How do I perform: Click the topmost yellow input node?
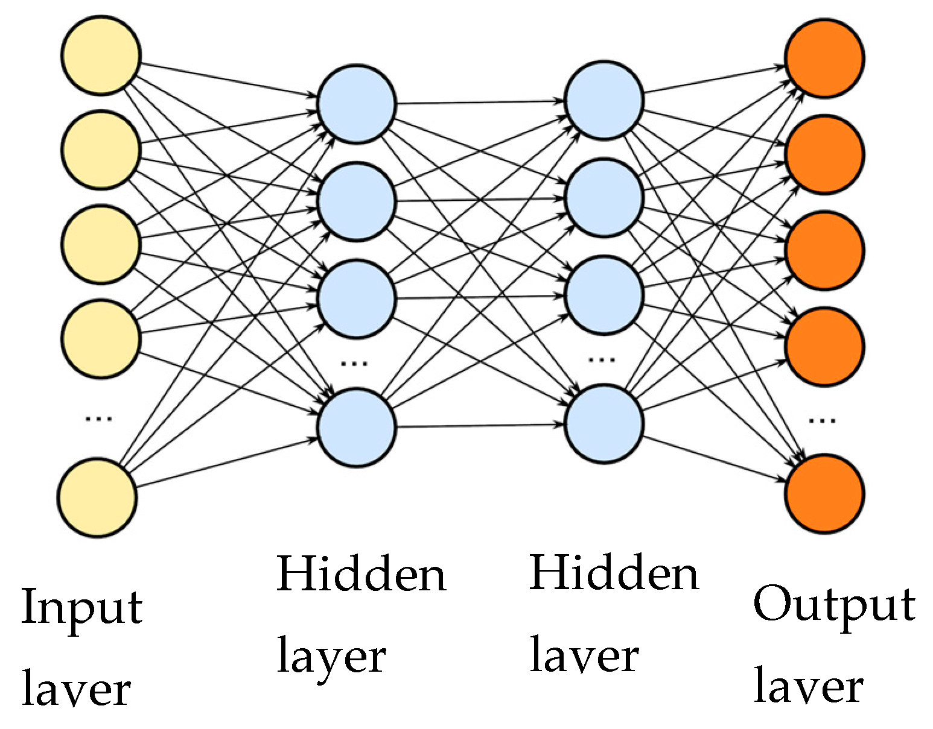point(101,55)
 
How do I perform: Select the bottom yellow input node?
point(97,497)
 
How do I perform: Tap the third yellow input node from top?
point(101,244)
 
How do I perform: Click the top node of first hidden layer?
point(357,104)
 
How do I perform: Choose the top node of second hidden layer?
point(604,101)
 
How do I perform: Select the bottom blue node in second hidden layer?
point(604,424)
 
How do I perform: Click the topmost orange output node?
point(824,58)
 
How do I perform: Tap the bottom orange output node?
point(824,494)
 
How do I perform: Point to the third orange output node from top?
point(824,250)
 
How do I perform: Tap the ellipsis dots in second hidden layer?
point(602,359)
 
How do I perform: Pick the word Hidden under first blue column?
point(361,573)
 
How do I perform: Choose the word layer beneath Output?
point(809,686)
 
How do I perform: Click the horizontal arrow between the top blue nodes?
point(480,103)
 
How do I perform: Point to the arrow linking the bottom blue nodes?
point(480,426)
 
